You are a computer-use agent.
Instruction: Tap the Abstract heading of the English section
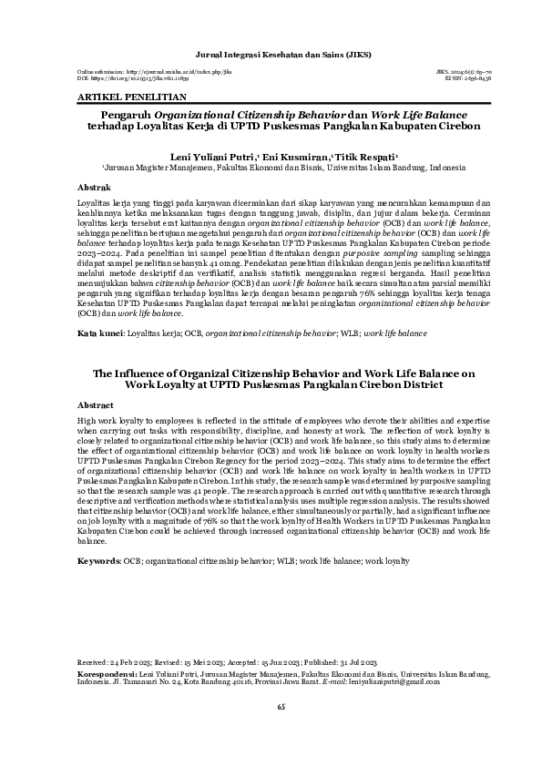click(x=97, y=404)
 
